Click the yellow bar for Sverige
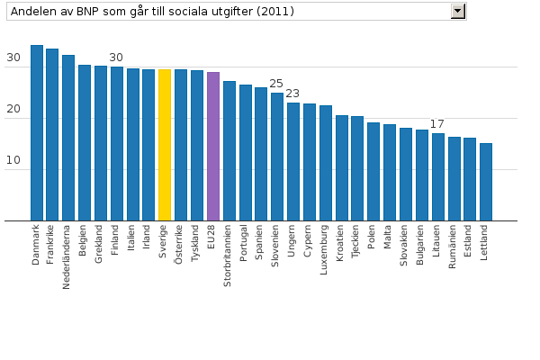tap(165, 145)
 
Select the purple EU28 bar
tap(213, 146)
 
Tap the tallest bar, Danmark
tap(37, 132)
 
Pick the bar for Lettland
tap(486, 182)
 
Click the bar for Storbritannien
tap(229, 150)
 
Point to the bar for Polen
tap(373, 171)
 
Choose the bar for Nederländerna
tap(68, 138)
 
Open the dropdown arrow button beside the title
tap(458, 11)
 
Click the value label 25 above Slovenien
tap(277, 84)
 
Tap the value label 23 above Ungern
tap(292, 94)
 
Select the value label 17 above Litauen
tap(437, 124)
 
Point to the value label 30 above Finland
tap(116, 58)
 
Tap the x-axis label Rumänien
tap(454, 247)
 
